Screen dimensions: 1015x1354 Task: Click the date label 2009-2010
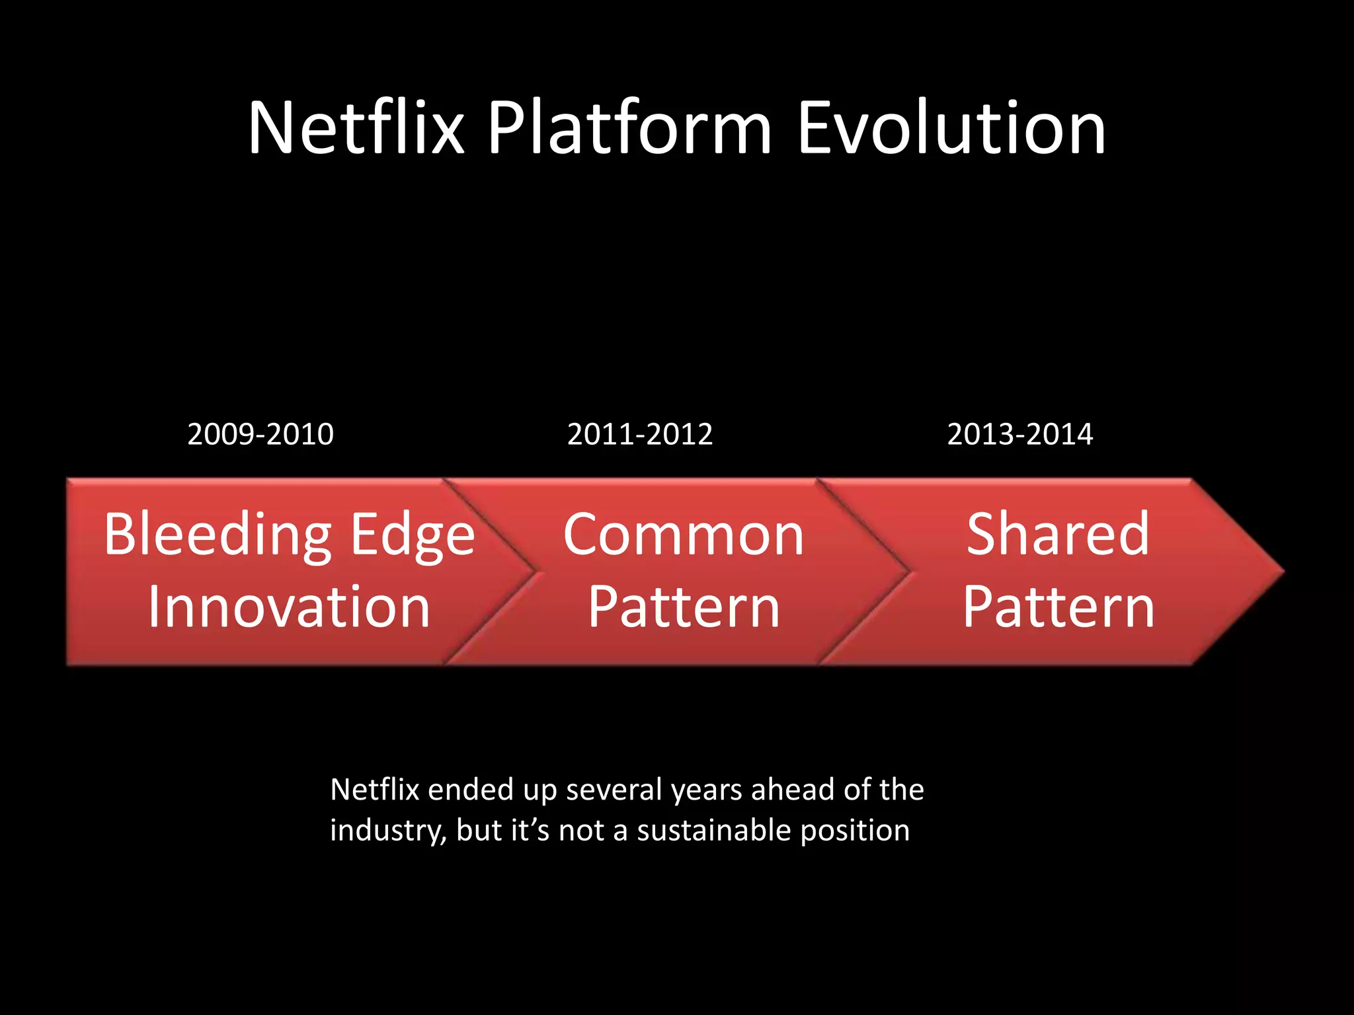(x=260, y=434)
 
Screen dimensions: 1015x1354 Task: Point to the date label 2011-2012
(x=640, y=434)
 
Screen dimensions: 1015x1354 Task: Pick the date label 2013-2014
(x=1019, y=434)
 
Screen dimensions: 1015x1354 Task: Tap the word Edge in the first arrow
(x=413, y=535)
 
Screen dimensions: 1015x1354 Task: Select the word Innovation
(x=289, y=607)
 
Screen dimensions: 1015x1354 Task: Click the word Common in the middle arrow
(x=684, y=535)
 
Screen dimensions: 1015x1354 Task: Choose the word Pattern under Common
(x=684, y=607)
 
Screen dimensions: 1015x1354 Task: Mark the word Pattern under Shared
(x=1058, y=607)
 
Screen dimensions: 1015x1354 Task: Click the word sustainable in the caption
(x=714, y=831)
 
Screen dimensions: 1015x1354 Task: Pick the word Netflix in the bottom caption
(x=375, y=790)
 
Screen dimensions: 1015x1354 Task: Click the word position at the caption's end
(x=854, y=831)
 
